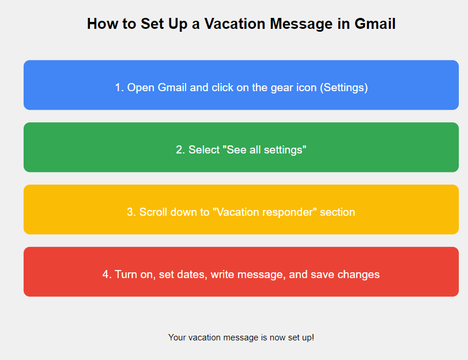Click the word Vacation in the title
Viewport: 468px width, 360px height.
tap(235, 24)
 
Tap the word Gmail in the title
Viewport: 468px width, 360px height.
tap(375, 24)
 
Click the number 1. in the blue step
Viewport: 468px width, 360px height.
tap(119, 88)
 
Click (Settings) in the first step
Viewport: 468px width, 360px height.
tap(344, 88)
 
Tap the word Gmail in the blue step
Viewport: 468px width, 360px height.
tap(172, 88)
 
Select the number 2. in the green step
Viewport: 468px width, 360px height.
tap(180, 149)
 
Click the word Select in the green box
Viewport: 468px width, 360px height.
tap(204, 149)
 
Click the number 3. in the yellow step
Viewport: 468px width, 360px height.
tap(131, 212)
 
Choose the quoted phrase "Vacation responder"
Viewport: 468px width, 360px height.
tap(265, 212)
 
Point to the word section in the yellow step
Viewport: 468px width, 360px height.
tap(337, 212)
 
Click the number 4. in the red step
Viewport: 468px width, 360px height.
tap(107, 274)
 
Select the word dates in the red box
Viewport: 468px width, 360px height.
tap(193, 275)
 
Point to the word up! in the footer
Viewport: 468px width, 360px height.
tap(308, 337)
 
